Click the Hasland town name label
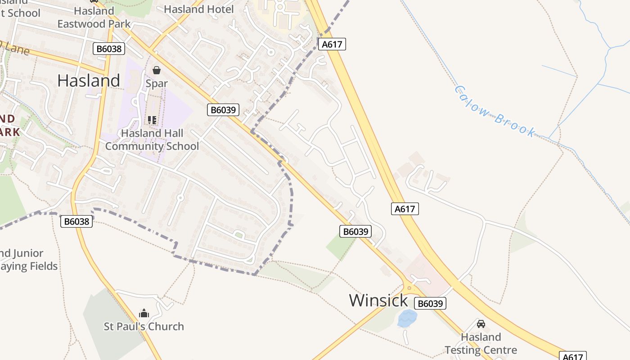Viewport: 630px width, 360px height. click(89, 81)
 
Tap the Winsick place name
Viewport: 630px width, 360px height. click(378, 300)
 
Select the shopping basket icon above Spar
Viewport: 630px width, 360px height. click(157, 70)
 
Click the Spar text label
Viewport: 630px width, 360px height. click(157, 84)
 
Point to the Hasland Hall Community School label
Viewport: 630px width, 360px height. click(152, 139)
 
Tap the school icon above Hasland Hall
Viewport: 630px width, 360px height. click(152, 120)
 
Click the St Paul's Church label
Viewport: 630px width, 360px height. click(144, 326)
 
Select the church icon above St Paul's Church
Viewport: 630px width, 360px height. click(144, 313)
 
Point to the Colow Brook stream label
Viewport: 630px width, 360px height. click(495, 111)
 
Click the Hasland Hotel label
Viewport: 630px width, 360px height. click(198, 9)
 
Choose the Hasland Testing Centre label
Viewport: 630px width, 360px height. click(481, 343)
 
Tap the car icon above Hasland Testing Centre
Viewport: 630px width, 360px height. click(481, 324)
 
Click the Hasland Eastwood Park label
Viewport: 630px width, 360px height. click(94, 17)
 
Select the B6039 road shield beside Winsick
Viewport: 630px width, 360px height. click(431, 303)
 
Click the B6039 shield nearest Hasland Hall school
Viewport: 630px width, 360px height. click(223, 109)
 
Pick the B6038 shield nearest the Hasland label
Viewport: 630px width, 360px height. click(109, 49)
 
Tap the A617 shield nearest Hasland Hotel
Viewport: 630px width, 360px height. click(332, 44)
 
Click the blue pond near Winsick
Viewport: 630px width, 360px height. click(407, 318)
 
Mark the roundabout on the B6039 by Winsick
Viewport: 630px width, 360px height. click(409, 287)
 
